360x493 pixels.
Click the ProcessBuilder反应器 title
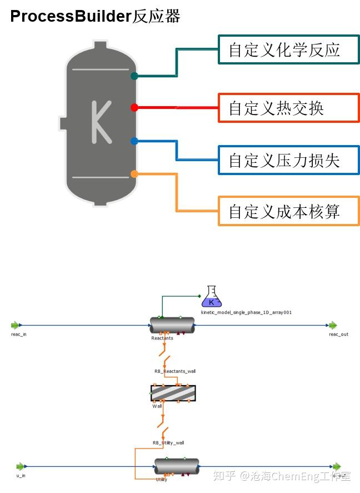(95, 16)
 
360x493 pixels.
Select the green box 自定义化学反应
(288, 50)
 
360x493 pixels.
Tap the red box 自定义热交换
(288, 107)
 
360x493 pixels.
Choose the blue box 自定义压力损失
(288, 160)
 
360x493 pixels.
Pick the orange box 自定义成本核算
(288, 211)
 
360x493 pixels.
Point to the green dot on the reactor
(134, 76)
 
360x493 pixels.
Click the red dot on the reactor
(134, 107)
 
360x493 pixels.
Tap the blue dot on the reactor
(134, 141)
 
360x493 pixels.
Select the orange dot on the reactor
(134, 174)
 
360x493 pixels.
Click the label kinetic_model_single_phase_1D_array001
(246, 312)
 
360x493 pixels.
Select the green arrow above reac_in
(16, 325)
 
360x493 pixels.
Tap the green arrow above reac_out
(332, 325)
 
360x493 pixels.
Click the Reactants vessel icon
(172, 326)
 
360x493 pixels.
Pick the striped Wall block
(173, 393)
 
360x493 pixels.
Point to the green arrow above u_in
(21, 466)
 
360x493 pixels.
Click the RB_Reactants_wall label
(174, 371)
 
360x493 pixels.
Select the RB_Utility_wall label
(168, 443)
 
